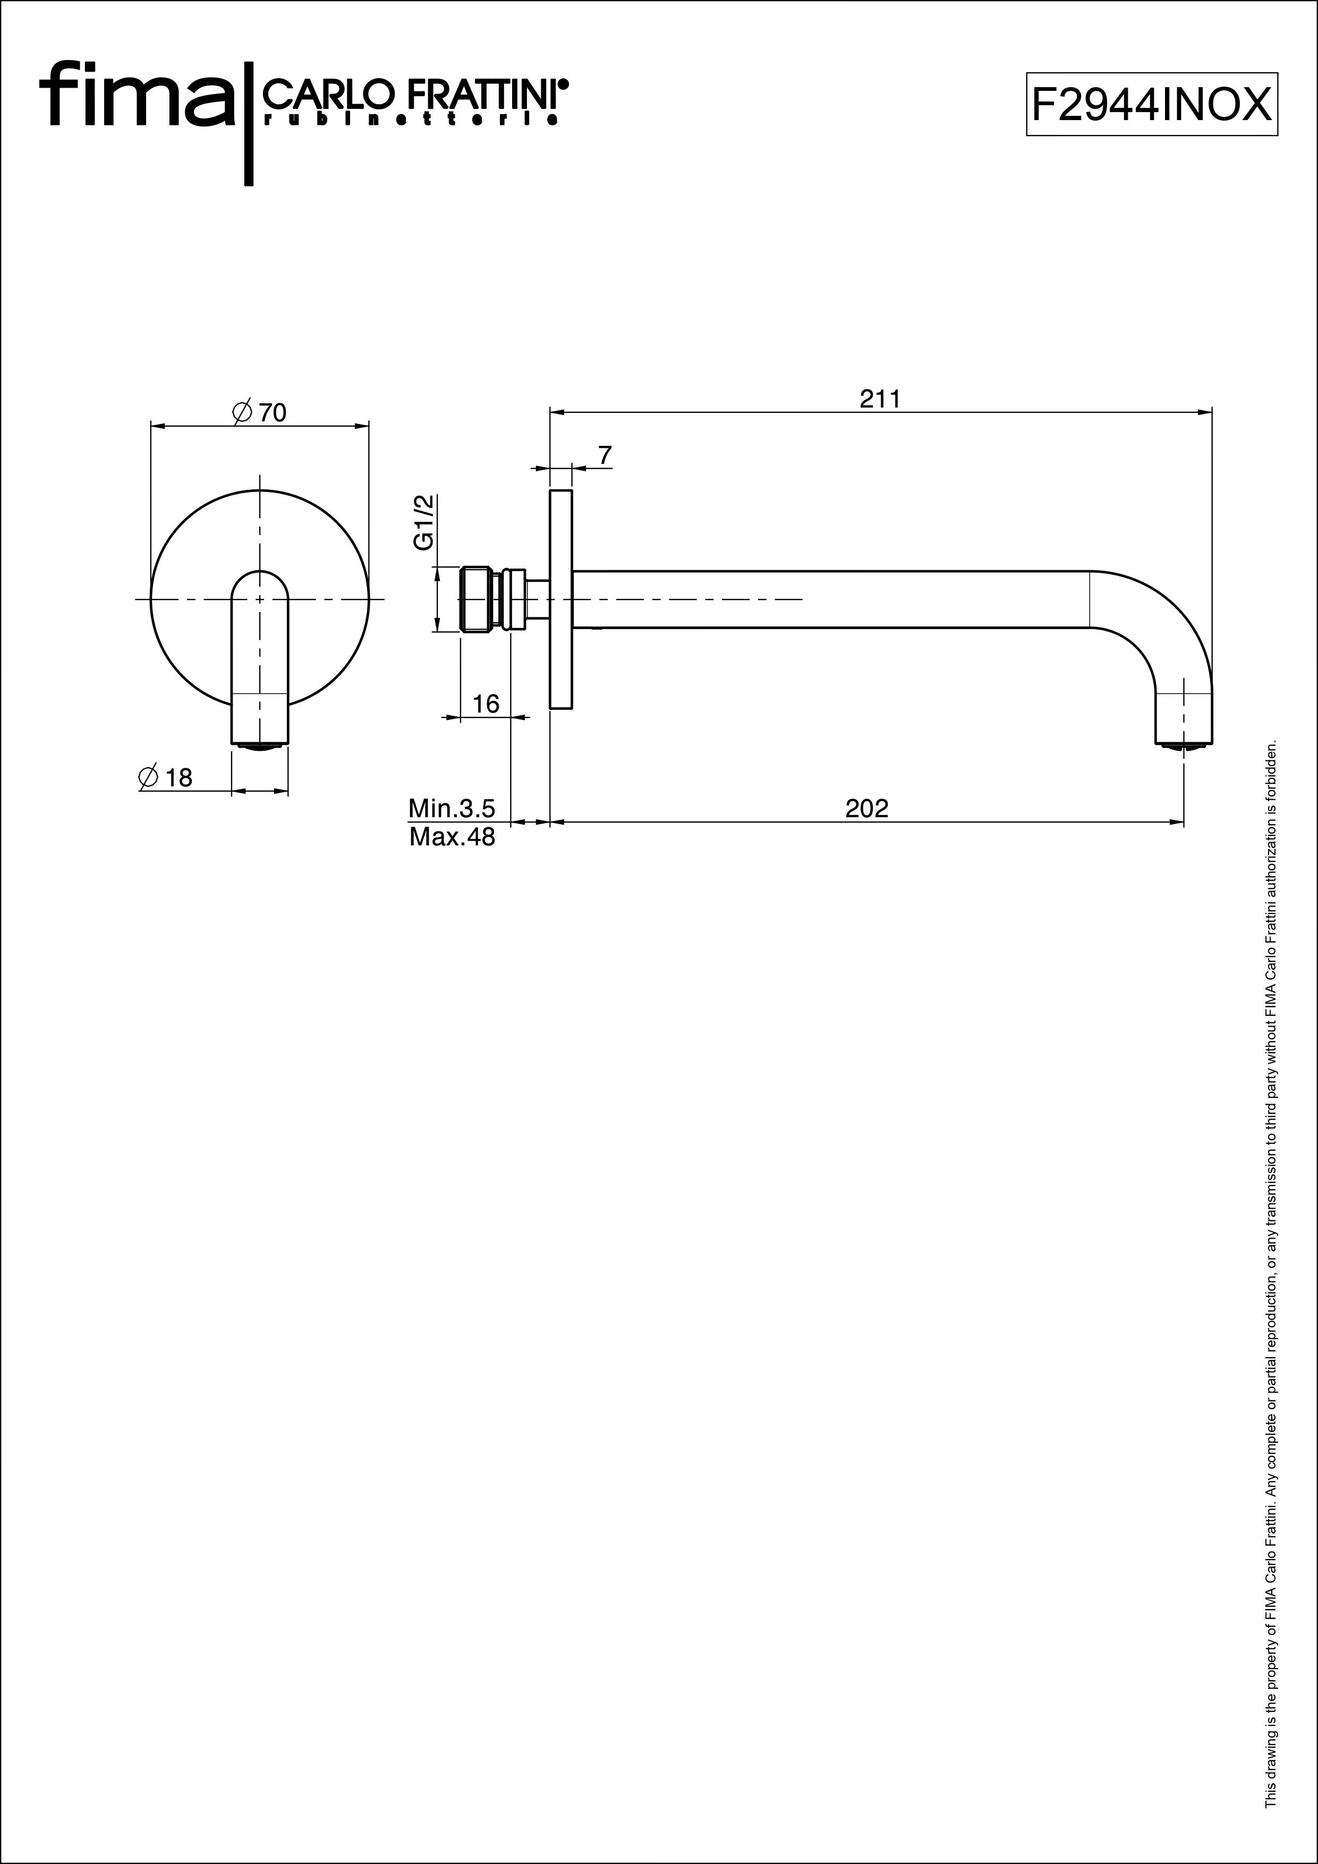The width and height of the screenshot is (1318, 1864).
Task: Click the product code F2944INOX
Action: click(x=1152, y=105)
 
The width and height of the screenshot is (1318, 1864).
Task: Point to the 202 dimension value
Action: click(x=867, y=809)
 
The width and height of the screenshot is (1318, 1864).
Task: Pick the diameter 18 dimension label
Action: click(x=166, y=778)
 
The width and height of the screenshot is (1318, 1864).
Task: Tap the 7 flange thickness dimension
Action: click(x=605, y=455)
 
